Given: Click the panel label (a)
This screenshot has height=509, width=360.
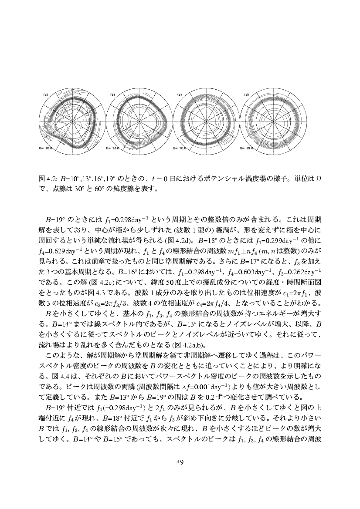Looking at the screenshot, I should pos(45,94).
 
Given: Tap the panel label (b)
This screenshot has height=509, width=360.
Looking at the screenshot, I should pos(112,94).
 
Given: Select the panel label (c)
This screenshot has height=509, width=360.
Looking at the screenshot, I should pos(179,94).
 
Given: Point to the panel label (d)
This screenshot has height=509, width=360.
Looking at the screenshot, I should pos(246,94).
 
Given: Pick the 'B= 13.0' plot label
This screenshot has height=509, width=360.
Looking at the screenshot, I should pos(112,148).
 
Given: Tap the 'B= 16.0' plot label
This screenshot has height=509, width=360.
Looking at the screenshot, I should pos(180,148).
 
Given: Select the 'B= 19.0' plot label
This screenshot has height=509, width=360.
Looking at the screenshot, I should pos(247,148).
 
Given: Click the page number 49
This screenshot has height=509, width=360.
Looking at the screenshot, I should pos(180,462).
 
